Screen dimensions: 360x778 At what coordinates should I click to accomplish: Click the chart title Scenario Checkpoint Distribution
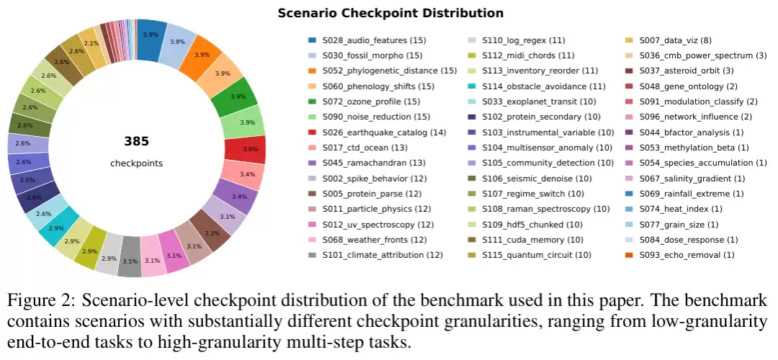[x=390, y=13]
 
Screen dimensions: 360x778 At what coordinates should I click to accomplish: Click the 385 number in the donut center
[x=136, y=141]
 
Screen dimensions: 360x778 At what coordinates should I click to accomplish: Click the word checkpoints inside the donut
[x=136, y=163]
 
